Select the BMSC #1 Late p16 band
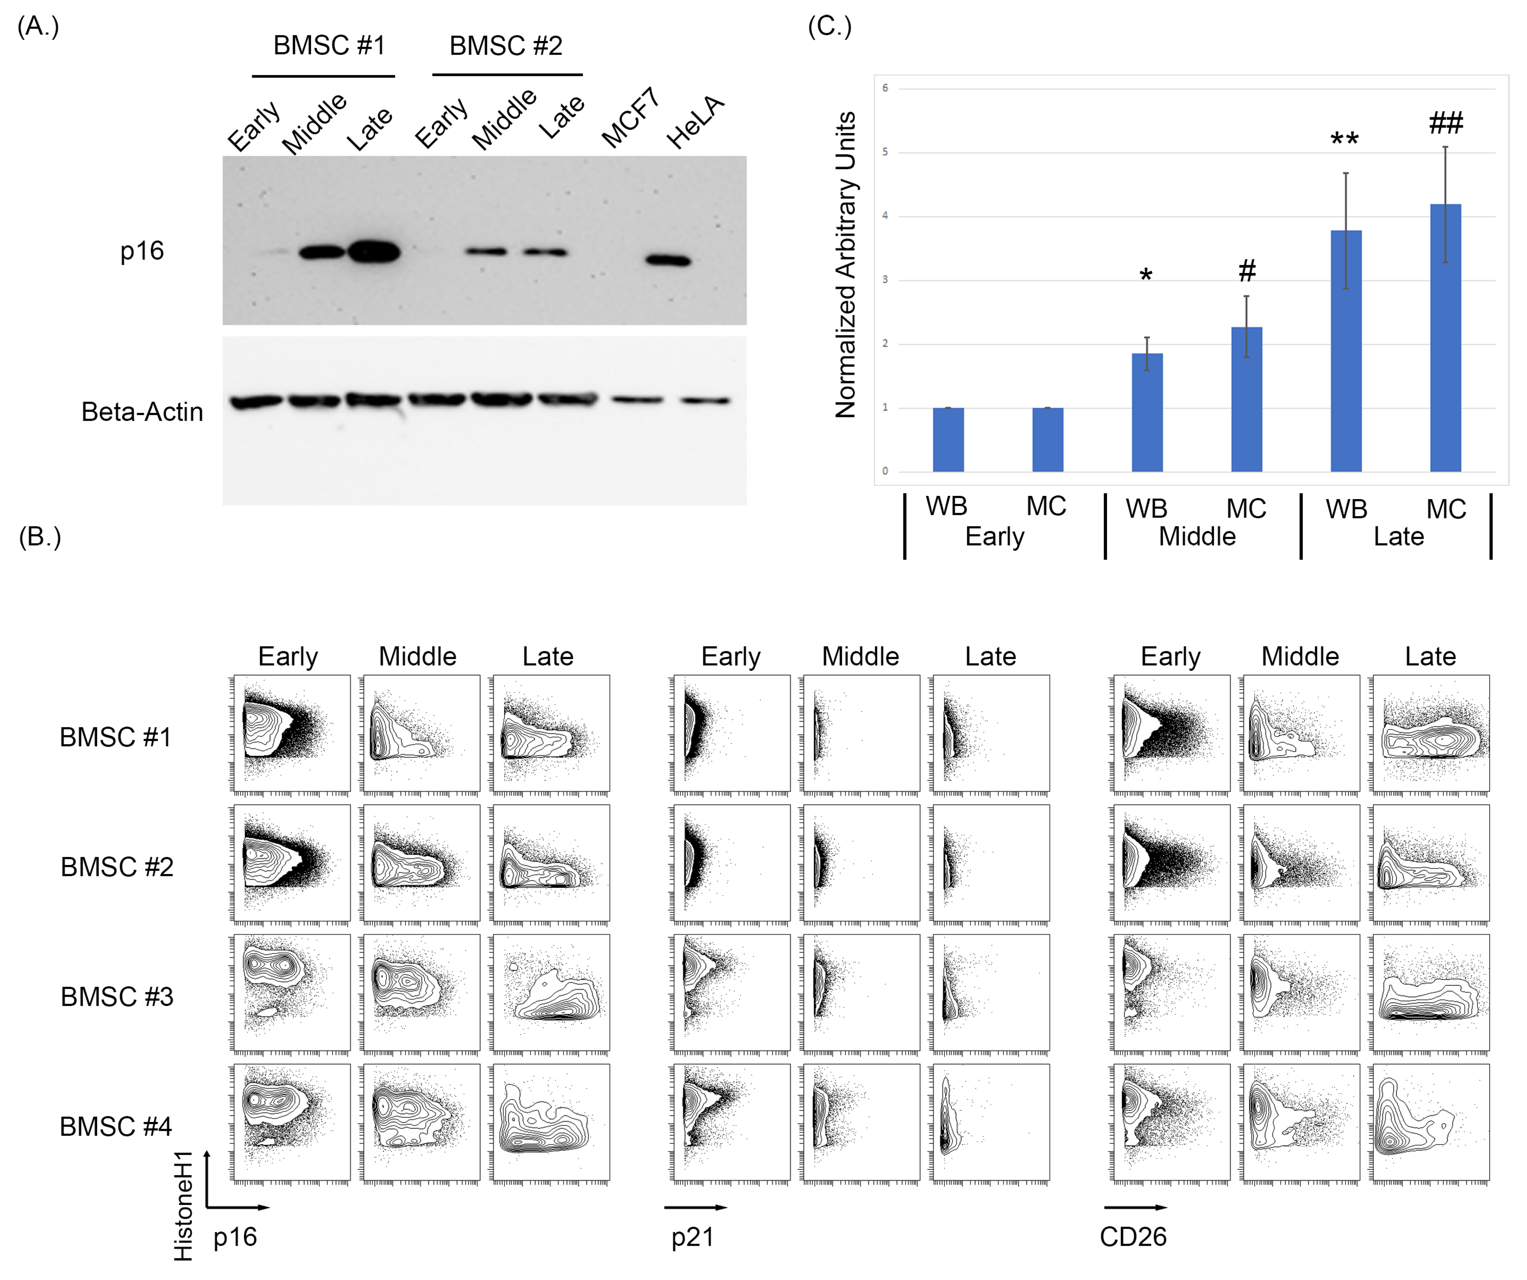374,252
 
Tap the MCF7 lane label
630,118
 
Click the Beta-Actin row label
142,412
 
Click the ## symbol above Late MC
1446,123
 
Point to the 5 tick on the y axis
885,152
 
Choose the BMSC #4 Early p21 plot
732,1122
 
